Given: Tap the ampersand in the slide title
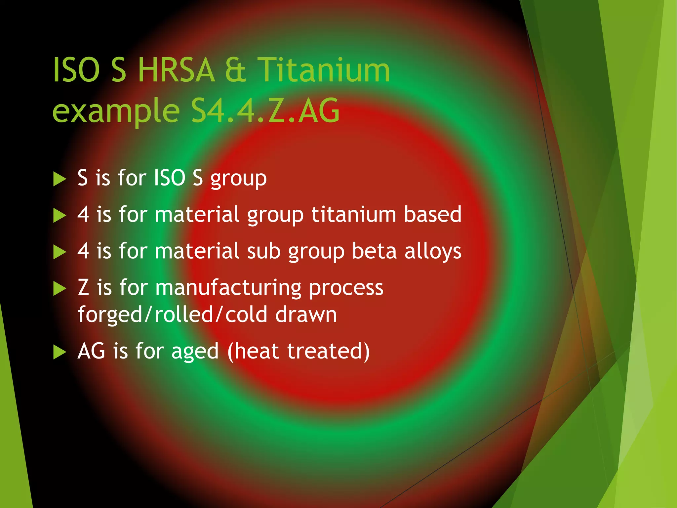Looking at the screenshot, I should [x=235, y=70].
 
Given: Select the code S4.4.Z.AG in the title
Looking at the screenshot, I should [x=265, y=111].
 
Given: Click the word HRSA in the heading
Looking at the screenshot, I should [x=176, y=70].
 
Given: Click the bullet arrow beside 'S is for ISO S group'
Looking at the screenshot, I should [x=60, y=179].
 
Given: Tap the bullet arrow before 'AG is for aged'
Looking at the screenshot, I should [x=60, y=352].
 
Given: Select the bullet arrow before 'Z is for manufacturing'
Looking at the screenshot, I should [x=60, y=289].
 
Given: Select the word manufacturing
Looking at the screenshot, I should [x=228, y=288].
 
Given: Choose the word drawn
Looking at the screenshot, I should [x=306, y=315].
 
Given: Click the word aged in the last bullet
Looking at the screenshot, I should [x=195, y=352].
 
